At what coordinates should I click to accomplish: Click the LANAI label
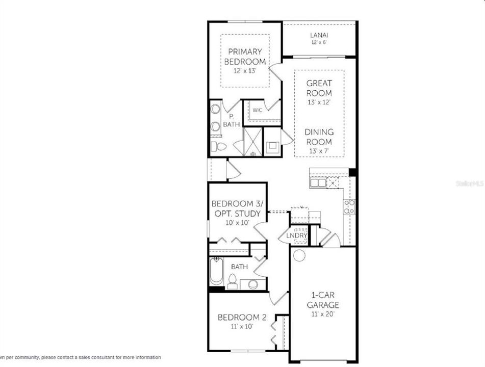point(319,35)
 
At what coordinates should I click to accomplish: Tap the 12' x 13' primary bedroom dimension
point(245,71)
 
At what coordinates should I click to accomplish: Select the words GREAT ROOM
point(319,88)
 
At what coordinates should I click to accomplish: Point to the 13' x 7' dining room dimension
point(319,151)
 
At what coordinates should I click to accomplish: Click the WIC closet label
point(258,110)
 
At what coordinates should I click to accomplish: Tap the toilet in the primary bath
point(219,147)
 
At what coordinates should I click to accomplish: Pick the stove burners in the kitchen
point(350,206)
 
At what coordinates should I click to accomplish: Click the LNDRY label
point(296,235)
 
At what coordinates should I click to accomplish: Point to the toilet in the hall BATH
point(232,281)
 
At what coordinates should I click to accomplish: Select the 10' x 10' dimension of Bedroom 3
point(236,223)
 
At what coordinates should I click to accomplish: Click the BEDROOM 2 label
point(242,318)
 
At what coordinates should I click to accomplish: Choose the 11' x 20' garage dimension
point(322,314)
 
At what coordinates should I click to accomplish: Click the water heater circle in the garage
point(299,255)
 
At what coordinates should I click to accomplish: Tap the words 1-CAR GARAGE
point(322,300)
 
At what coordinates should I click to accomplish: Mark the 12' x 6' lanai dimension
point(319,42)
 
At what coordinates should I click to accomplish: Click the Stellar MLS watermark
point(470,182)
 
